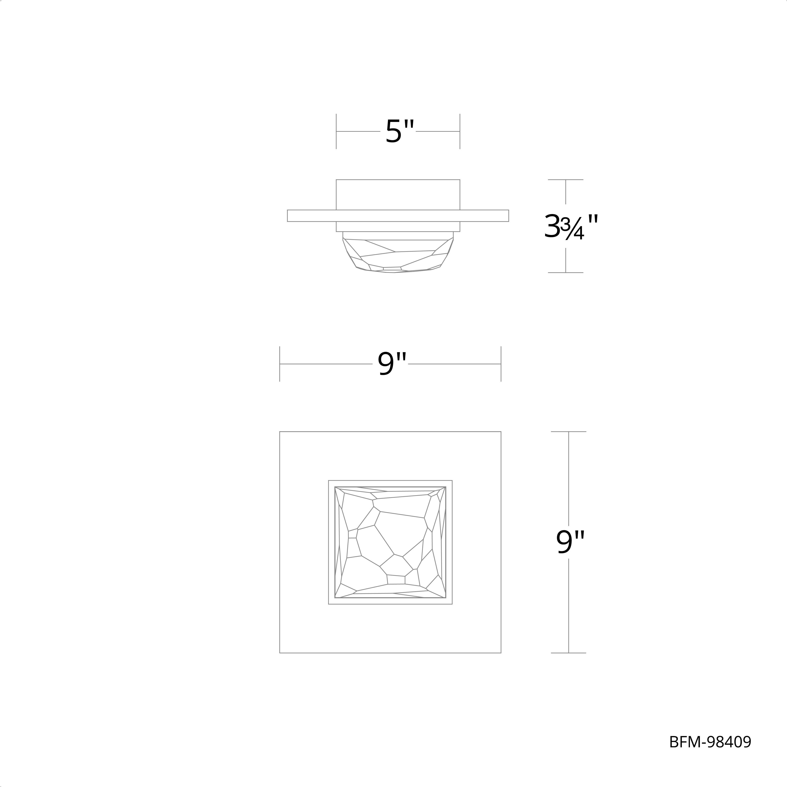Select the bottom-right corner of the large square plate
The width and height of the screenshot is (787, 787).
tap(501, 653)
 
